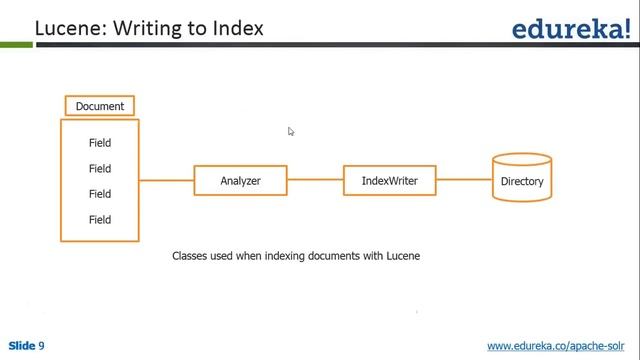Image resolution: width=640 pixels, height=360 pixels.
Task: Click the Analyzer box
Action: (x=240, y=181)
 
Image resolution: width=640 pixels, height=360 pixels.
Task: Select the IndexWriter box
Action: (x=389, y=181)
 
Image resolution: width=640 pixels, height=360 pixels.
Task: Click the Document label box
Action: (x=100, y=106)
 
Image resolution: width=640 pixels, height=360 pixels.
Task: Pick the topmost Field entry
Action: (x=100, y=143)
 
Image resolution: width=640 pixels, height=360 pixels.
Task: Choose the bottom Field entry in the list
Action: (x=100, y=219)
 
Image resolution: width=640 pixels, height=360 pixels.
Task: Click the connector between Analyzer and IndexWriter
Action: (x=315, y=181)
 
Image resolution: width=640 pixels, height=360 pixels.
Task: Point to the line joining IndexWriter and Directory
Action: (x=464, y=181)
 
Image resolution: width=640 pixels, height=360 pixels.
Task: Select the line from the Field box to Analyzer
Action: (x=166, y=181)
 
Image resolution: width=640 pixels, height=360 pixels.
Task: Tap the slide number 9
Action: (x=42, y=346)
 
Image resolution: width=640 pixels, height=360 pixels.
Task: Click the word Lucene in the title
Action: (x=68, y=28)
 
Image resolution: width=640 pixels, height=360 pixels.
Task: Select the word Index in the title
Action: (x=238, y=28)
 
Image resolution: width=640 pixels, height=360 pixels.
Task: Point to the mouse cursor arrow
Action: (x=291, y=131)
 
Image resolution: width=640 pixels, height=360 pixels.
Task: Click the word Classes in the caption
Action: (x=189, y=256)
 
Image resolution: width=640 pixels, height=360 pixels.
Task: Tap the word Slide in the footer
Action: (x=21, y=346)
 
